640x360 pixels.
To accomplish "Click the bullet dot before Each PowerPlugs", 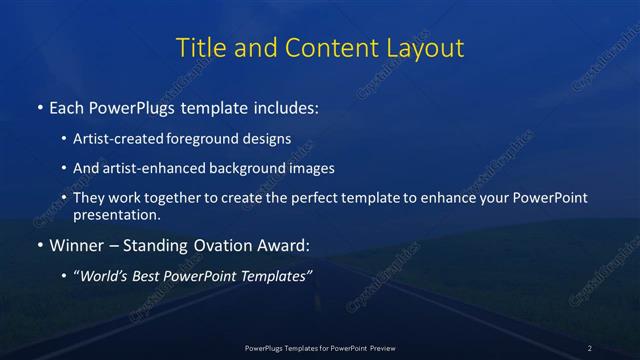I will [x=39, y=105].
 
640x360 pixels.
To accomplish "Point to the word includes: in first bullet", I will [x=288, y=105].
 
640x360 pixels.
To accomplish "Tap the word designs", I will [x=265, y=140].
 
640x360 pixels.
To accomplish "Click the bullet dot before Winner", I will [x=39, y=243].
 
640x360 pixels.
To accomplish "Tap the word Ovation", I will [x=220, y=243].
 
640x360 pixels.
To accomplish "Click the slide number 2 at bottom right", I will [x=589, y=347].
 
